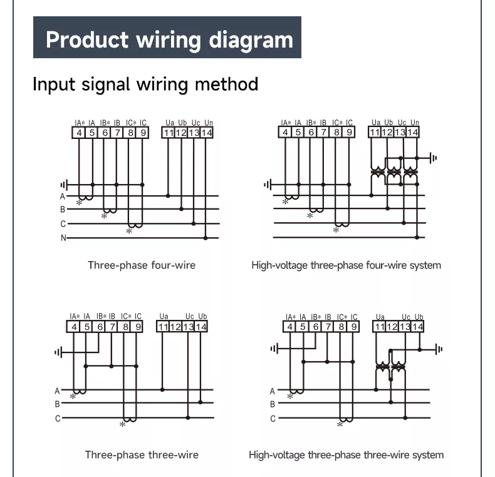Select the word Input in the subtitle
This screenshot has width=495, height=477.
point(53,84)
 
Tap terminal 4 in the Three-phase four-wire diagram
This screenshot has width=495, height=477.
point(79,133)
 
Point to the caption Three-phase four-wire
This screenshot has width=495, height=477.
point(142,265)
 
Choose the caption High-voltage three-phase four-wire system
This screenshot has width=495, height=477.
point(346,265)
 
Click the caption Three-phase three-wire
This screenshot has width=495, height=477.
point(142,454)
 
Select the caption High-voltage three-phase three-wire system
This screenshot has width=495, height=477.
point(346,454)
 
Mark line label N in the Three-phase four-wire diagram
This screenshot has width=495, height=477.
point(63,238)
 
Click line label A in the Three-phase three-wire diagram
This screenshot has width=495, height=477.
point(58,390)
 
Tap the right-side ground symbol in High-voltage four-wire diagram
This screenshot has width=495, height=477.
point(434,158)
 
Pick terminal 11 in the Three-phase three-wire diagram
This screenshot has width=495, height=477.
point(163,326)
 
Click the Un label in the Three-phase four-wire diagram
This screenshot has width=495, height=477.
point(208,123)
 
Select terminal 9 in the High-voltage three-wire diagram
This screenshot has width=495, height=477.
point(355,326)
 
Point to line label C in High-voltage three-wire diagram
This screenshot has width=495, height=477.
point(273,419)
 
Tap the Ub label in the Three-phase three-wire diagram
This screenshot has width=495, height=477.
point(202,317)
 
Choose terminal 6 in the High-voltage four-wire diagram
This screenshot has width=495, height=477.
point(311,132)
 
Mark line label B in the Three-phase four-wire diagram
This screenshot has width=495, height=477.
point(63,209)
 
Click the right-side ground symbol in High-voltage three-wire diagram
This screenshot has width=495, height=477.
point(439,349)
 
